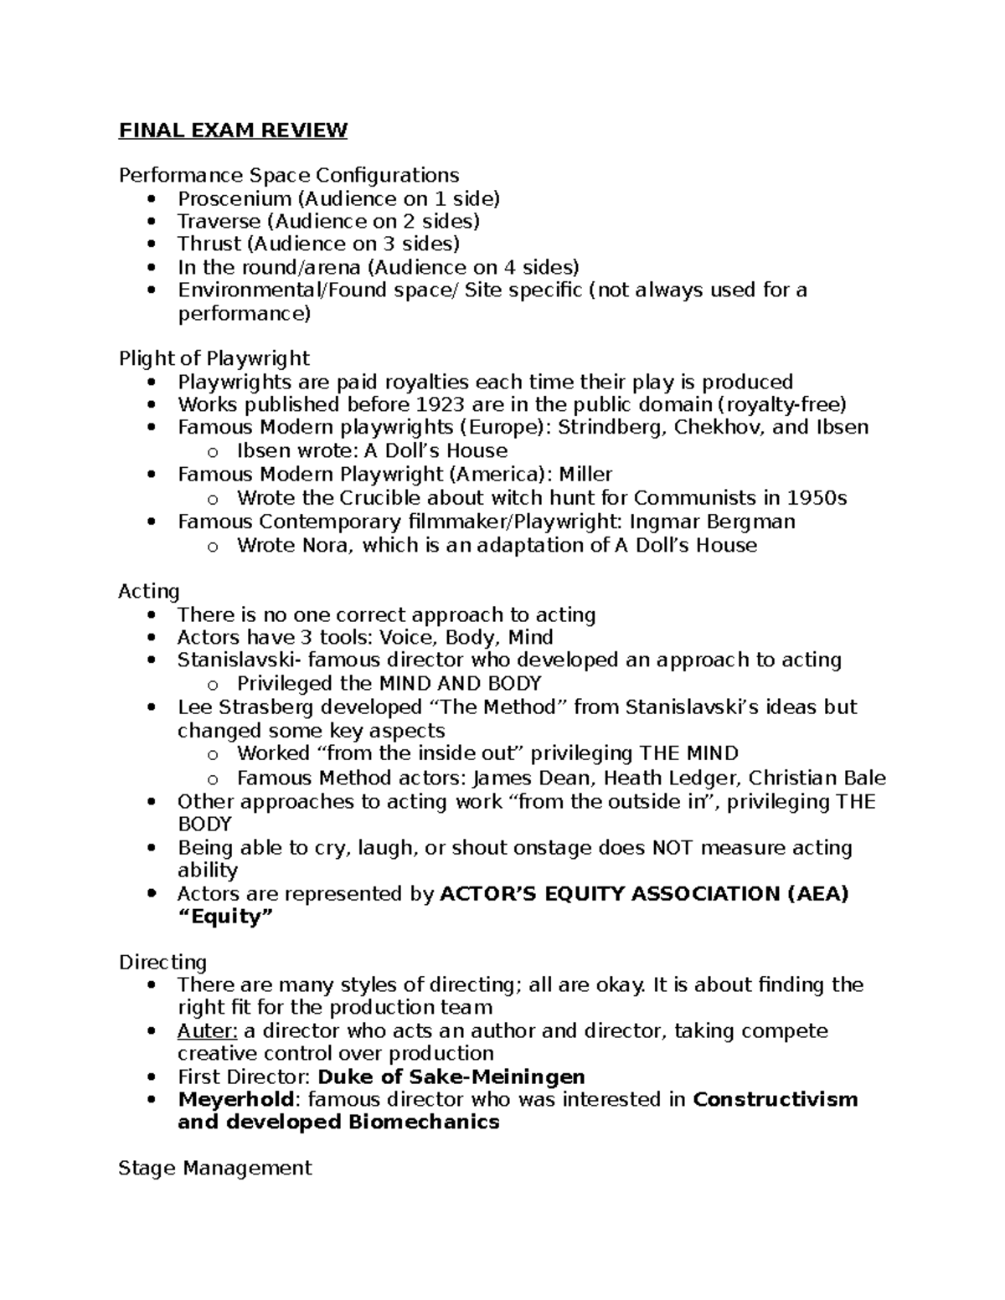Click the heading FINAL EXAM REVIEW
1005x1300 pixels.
click(x=233, y=131)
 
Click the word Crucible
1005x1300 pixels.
click(x=384, y=499)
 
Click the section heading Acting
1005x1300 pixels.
click(x=149, y=592)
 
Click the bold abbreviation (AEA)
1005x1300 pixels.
click(x=817, y=894)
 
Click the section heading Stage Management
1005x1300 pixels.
click(x=215, y=1169)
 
